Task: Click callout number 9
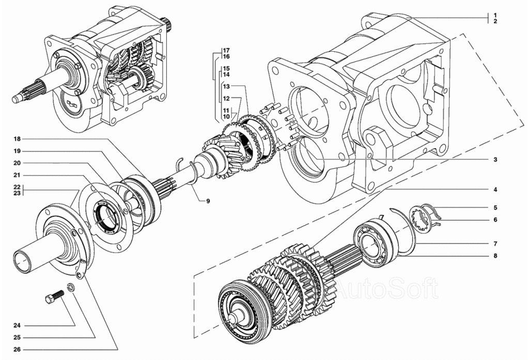[x=208, y=200]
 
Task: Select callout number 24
[x=17, y=326]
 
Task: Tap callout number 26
[x=17, y=349]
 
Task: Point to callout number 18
[x=17, y=139]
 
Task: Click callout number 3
[x=495, y=160]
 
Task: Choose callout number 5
[x=495, y=208]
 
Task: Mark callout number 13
[x=226, y=86]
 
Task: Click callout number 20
[x=17, y=162]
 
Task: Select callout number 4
[x=495, y=190]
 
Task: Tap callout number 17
[x=226, y=50]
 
